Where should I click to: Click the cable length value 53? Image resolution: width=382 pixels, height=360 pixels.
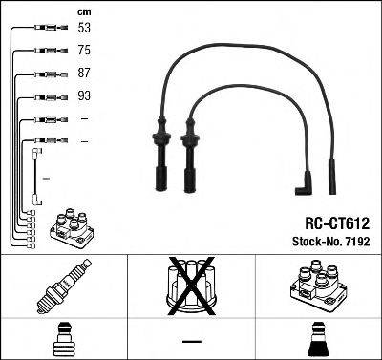tap(84, 28)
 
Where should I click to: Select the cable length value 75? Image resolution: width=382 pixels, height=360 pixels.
tap(84, 51)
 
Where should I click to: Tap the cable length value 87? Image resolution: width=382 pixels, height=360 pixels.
tap(84, 74)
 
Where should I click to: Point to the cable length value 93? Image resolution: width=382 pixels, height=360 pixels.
tap(84, 96)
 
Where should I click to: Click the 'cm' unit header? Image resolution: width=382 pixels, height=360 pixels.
tap(83, 11)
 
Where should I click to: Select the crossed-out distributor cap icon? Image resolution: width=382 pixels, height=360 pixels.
tap(191, 287)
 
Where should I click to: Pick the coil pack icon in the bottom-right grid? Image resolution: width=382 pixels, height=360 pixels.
tap(318, 287)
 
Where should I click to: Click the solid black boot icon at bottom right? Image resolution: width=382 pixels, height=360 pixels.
tap(318, 339)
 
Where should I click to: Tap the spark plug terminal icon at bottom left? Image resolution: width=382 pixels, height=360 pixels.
tap(63, 339)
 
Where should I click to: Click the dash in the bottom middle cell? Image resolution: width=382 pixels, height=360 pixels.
tap(191, 341)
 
